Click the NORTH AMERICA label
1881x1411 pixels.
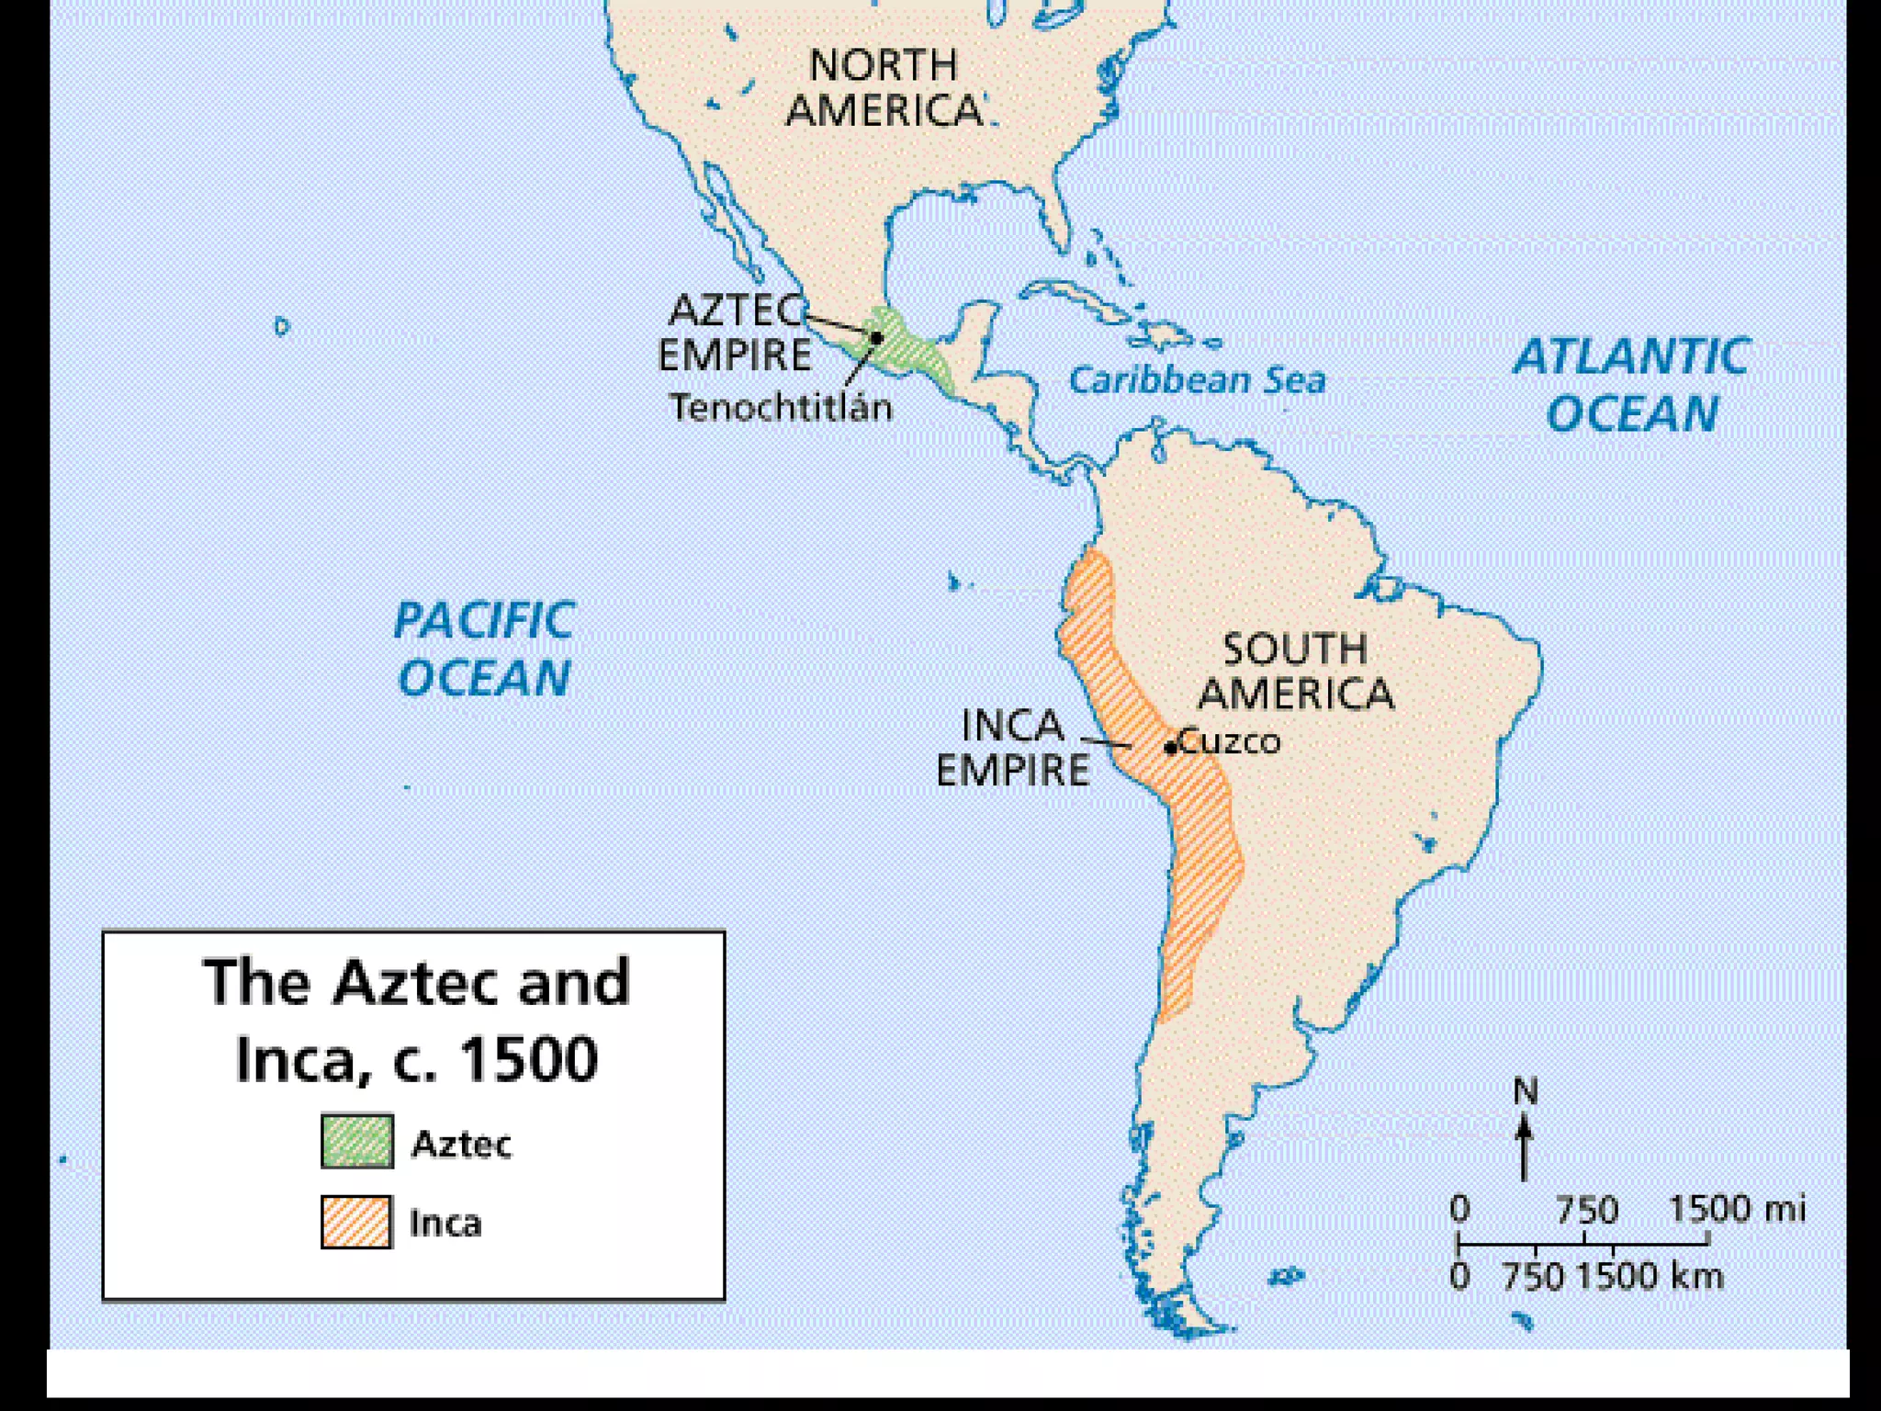[x=884, y=88]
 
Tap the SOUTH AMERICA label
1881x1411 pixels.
[x=1295, y=672]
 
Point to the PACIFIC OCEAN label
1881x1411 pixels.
[x=484, y=649]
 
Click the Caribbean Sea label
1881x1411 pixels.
[x=1197, y=380]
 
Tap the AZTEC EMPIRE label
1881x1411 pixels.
[x=736, y=333]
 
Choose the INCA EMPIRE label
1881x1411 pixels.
[x=1012, y=748]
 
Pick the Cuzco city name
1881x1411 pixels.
[x=1230, y=740]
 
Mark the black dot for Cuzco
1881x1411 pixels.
[x=1170, y=748]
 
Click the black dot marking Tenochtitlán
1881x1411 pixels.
[x=876, y=338]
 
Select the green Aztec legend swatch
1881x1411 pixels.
[x=357, y=1141]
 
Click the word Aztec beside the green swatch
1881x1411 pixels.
[x=461, y=1144]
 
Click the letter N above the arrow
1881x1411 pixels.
[x=1525, y=1091]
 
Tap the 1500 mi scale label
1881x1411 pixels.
[x=1736, y=1209]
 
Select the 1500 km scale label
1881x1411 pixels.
[x=1650, y=1277]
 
